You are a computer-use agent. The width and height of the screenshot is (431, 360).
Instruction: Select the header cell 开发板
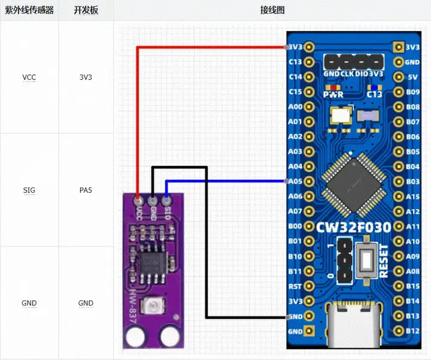[86, 11]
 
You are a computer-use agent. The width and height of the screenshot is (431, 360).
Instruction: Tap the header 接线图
[272, 11]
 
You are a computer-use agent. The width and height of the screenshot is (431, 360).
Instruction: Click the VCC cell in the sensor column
[29, 78]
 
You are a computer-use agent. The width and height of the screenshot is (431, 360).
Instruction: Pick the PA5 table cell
[86, 190]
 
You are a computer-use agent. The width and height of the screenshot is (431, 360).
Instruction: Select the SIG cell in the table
[29, 190]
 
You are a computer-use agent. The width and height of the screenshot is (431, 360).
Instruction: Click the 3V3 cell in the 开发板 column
[86, 78]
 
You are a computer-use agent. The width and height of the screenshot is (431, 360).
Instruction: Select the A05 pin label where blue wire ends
[295, 181]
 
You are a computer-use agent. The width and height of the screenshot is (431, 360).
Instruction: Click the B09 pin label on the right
[412, 92]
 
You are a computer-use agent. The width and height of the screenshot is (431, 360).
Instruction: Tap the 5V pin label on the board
[412, 77]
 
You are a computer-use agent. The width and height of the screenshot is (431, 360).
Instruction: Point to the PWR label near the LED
[332, 94]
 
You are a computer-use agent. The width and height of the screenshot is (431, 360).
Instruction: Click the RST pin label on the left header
[295, 286]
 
